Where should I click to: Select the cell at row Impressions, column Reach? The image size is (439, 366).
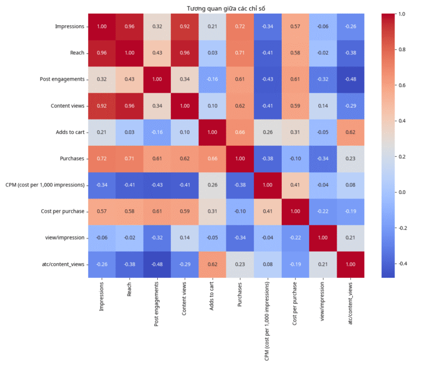(130, 26)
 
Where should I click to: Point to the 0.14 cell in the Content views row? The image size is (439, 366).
(323, 106)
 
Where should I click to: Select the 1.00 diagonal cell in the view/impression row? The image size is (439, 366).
(323, 238)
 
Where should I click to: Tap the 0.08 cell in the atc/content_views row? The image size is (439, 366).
(268, 264)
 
